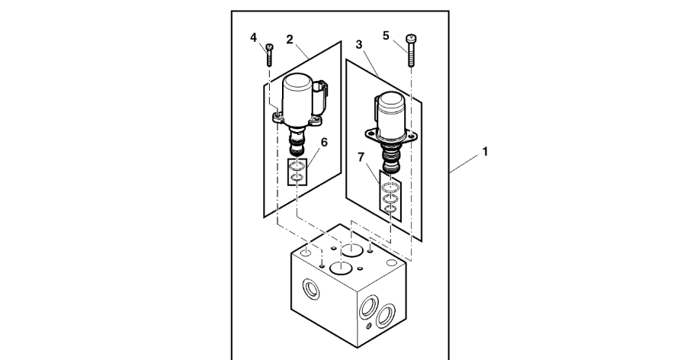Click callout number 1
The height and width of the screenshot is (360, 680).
tap(484, 153)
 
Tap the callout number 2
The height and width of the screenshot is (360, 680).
tap(290, 37)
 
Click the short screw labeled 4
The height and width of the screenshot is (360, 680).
tap(270, 56)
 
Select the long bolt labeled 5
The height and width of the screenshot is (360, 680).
tap(412, 50)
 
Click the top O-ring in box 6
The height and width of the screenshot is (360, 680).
tap(297, 168)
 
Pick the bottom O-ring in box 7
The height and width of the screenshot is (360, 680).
tap(390, 207)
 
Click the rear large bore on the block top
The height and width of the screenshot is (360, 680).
tap(352, 249)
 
